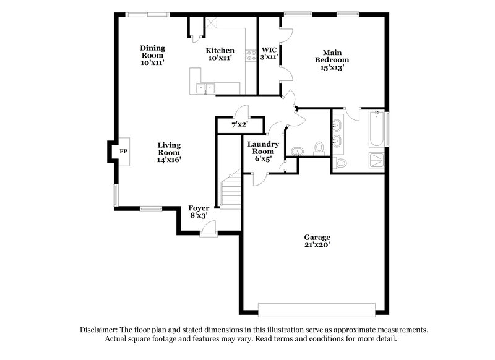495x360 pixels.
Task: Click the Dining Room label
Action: [x=152, y=55]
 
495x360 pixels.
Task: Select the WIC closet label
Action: [x=269, y=53]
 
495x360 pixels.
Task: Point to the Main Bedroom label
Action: [x=332, y=60]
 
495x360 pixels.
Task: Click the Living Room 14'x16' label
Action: [x=169, y=152]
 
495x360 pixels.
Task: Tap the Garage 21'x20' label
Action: [x=317, y=241]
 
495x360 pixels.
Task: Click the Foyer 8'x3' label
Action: [x=199, y=212]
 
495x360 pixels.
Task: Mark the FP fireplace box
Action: [x=123, y=151]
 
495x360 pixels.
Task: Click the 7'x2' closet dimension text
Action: [x=239, y=125]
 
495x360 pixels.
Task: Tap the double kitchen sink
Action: [x=204, y=88]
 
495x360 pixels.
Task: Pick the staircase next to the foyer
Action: [x=230, y=191]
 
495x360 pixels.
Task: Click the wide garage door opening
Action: [x=317, y=309]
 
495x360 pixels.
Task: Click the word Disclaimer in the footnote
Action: [x=100, y=330]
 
